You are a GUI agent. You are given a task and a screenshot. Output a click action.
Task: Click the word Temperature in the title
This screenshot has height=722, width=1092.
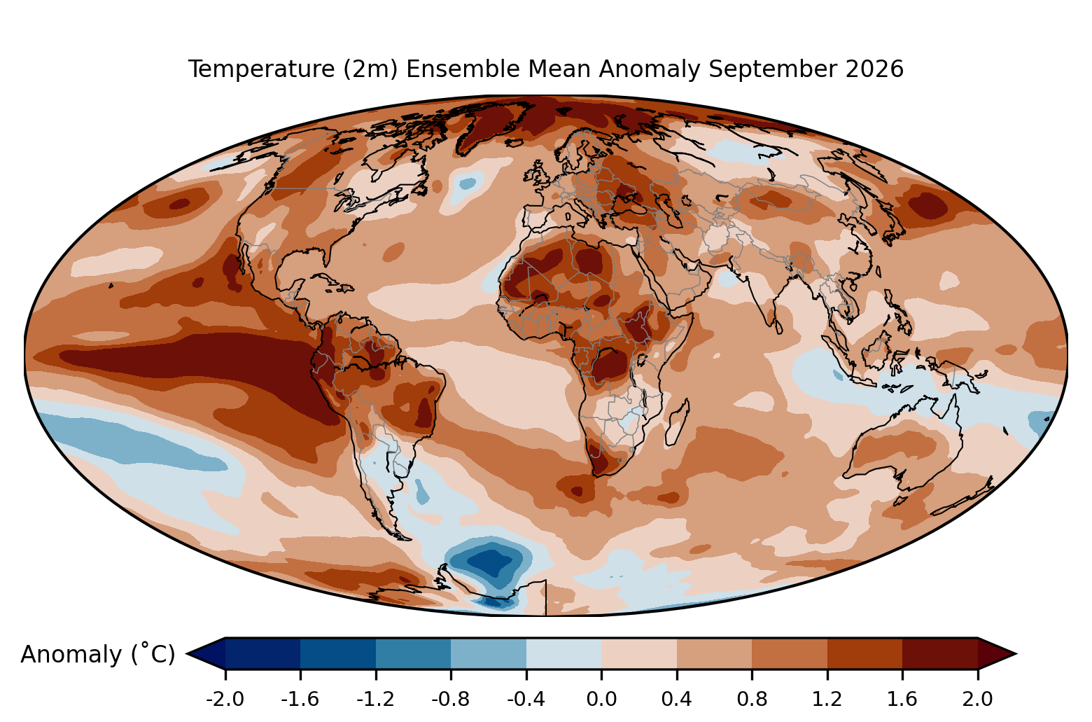[262, 69]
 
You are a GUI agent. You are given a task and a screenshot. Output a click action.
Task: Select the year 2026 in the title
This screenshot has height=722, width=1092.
[874, 69]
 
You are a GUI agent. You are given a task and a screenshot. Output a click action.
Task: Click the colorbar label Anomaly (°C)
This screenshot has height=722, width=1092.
[97, 654]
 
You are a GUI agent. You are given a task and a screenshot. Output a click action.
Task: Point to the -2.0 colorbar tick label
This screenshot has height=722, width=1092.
[225, 700]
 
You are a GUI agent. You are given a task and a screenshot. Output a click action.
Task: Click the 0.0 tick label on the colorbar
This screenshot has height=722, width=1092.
[601, 700]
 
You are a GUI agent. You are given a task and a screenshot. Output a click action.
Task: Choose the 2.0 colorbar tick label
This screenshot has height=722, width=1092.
[977, 700]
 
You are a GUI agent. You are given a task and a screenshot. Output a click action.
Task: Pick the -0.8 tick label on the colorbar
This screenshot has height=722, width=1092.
[451, 700]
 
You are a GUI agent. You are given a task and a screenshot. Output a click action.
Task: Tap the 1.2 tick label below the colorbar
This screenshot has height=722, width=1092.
[827, 700]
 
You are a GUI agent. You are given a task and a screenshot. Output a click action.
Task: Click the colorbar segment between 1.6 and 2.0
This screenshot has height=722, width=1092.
[940, 653]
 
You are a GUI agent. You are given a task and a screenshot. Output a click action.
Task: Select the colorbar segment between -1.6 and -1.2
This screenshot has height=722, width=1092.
[338, 653]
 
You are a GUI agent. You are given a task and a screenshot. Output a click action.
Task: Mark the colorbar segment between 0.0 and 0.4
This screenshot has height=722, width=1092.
[639, 653]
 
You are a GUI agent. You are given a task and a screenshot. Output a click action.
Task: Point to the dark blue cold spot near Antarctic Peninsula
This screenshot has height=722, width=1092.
[490, 562]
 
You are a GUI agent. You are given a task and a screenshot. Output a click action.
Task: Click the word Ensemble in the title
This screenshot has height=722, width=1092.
[498, 69]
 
